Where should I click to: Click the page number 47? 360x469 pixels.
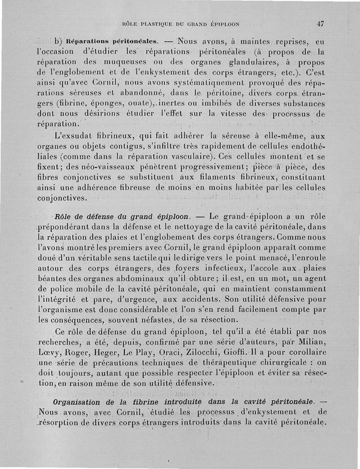click(320, 23)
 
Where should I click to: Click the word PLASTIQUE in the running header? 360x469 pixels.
click(158, 24)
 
